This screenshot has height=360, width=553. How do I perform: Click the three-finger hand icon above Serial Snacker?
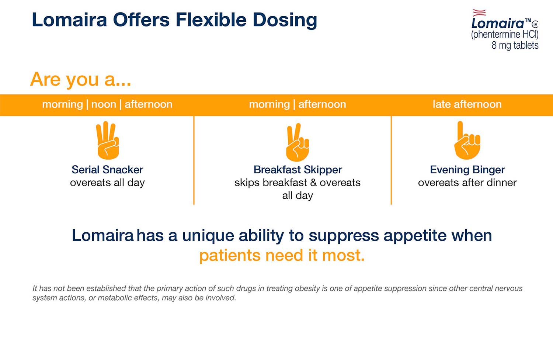(x=107, y=141)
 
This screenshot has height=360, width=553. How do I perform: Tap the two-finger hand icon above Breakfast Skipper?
(x=297, y=143)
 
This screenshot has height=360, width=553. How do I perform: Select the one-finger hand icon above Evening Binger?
(x=467, y=141)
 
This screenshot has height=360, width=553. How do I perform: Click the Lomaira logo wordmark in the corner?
(x=498, y=23)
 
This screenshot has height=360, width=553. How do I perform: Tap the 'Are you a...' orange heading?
(x=80, y=79)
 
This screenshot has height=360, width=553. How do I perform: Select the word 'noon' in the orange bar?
(x=104, y=104)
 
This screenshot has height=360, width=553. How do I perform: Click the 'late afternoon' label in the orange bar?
(x=467, y=104)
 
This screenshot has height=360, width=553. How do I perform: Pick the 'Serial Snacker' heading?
(x=107, y=170)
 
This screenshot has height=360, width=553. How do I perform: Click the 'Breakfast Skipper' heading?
(x=298, y=170)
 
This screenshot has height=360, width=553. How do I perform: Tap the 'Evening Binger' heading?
(x=467, y=170)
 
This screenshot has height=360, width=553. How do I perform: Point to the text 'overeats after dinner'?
(x=467, y=183)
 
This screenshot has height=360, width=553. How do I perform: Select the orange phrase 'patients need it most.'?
(x=282, y=255)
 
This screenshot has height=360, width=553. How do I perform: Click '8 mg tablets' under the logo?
(x=515, y=45)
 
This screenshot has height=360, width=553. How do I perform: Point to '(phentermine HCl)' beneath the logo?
(x=505, y=35)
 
